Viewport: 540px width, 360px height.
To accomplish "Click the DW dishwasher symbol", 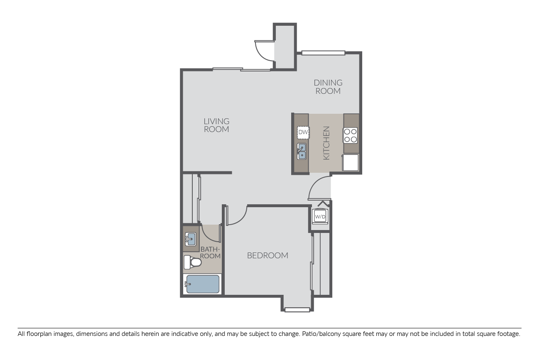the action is tap(303, 132).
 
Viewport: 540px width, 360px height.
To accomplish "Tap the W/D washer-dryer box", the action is tap(320, 217).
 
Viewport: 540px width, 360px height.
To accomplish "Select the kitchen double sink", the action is tap(302, 151).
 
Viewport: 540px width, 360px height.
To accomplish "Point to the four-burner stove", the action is tap(350, 135).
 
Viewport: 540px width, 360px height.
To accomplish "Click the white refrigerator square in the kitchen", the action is tap(350, 163).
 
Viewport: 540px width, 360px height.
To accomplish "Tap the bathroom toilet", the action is tap(192, 262).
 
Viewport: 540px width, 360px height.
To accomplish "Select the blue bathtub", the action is tap(203, 284).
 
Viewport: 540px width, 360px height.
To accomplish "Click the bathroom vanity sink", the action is tap(190, 239).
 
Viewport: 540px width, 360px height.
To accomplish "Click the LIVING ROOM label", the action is tap(216, 125).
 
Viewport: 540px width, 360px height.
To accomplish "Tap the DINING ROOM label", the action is tap(328, 87).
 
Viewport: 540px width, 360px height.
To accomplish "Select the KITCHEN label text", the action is tap(326, 143).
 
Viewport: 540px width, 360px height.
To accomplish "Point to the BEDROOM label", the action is tap(268, 255).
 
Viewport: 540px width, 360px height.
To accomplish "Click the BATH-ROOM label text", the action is tap(210, 252).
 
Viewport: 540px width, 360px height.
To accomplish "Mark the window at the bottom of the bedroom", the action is tap(297, 310).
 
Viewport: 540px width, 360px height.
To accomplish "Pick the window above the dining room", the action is tap(323, 53).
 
